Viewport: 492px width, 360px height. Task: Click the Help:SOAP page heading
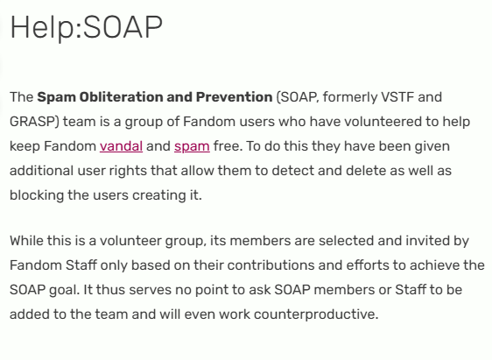click(87, 28)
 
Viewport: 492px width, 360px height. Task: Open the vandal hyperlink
click(121, 146)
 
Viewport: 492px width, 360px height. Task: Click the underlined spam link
click(192, 147)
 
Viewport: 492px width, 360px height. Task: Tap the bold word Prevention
click(234, 97)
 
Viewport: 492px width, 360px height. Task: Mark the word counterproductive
click(316, 314)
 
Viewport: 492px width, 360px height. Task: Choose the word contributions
click(271, 265)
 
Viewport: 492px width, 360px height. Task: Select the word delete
click(366, 171)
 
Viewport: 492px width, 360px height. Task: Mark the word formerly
click(349, 97)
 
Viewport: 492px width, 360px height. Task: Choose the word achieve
click(432, 265)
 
